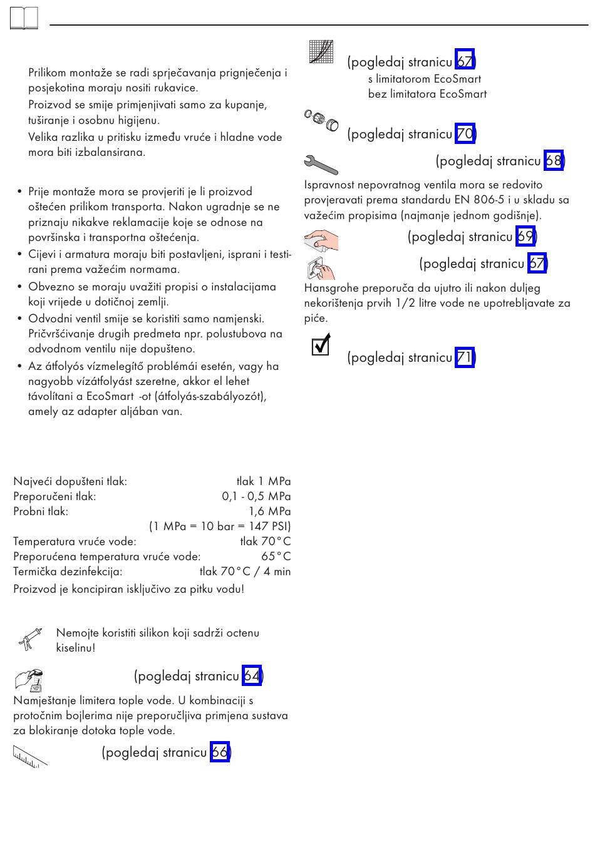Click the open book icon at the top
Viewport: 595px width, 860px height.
(24, 19)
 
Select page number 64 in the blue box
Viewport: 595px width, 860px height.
(252, 676)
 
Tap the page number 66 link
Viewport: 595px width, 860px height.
(219, 752)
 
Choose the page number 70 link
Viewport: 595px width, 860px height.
(465, 134)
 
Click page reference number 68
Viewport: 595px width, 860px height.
(553, 161)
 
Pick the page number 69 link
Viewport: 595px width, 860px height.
(525, 237)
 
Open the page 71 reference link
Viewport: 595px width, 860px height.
(464, 357)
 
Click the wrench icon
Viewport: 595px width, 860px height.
(321, 164)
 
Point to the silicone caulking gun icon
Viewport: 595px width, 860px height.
(29, 640)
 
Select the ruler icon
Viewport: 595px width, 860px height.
(29, 756)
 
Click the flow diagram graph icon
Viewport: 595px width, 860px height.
(321, 51)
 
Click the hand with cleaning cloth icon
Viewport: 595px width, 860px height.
(321, 240)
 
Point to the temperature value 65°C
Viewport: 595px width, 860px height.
(276, 556)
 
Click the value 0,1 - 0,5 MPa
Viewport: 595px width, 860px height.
(256, 496)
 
